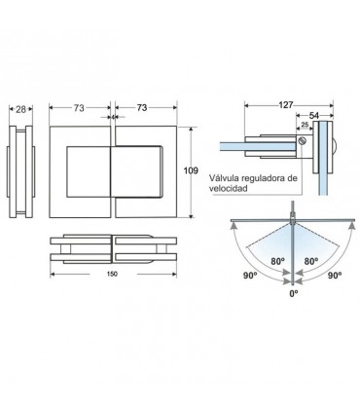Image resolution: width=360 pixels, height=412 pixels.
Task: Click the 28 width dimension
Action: (x=20, y=109)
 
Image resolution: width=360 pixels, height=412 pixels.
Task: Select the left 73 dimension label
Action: (x=79, y=108)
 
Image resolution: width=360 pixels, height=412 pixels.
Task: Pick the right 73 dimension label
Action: (x=142, y=107)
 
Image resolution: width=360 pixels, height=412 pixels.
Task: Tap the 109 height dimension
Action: (x=191, y=170)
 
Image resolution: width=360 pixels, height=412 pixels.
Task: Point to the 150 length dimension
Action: (x=112, y=274)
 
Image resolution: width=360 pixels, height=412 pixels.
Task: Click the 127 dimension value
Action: (x=286, y=105)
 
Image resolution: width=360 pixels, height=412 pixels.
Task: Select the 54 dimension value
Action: (x=314, y=115)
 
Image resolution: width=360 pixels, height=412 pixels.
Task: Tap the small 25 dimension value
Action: (x=305, y=125)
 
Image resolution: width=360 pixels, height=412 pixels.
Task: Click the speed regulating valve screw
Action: (x=303, y=141)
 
